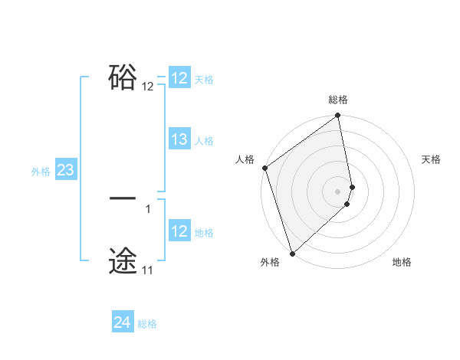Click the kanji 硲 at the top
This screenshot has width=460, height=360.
123,77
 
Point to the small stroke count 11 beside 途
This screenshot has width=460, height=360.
148,270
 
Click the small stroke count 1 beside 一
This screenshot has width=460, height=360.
148,208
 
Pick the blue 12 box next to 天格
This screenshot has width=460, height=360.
179,78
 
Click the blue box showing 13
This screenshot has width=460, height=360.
179,139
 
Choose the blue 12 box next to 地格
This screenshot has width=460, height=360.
179,231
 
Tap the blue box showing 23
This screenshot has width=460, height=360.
65,170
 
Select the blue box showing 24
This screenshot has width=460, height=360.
122,322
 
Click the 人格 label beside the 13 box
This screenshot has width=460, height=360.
204,140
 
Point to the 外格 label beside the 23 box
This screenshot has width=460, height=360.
41,172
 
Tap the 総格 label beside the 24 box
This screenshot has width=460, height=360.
147,324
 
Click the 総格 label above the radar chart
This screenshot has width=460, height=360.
338,100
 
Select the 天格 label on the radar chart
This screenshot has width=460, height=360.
431,159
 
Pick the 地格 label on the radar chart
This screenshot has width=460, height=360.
402,262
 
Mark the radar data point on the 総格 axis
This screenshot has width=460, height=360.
338,116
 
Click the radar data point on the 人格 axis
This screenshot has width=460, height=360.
264,168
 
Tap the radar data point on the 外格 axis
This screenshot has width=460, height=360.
292,253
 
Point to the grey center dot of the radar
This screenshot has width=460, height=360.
338,191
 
